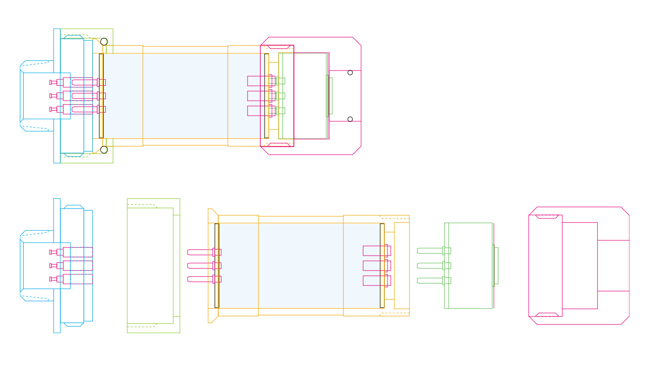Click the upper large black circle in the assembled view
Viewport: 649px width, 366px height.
click(x=104, y=42)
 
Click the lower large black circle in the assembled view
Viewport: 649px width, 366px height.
click(x=104, y=150)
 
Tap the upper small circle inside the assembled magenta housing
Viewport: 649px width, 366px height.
click(x=350, y=73)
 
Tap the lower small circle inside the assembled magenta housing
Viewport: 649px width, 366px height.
click(x=350, y=119)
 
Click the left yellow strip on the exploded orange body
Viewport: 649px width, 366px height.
click(x=217, y=265)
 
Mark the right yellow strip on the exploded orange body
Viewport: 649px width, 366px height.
click(x=382, y=265)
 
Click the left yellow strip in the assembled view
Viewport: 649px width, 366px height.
click(x=101, y=96)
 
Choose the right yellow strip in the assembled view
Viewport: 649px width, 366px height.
click(x=267, y=96)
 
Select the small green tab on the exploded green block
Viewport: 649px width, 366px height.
click(x=496, y=266)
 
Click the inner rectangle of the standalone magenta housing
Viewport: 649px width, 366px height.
click(x=580, y=266)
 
